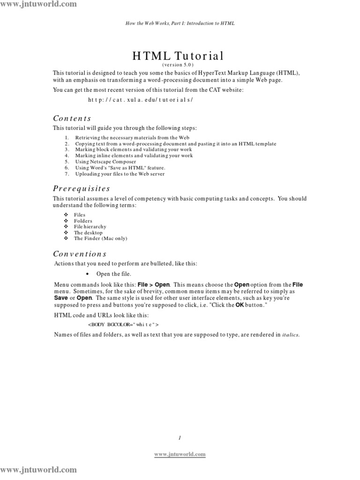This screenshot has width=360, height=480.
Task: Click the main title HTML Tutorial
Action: point(178,56)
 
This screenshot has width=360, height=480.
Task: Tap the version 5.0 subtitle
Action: point(178,65)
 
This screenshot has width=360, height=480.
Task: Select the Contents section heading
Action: point(72,118)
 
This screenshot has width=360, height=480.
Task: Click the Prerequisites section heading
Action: point(81,188)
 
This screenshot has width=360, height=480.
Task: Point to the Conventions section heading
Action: point(80,254)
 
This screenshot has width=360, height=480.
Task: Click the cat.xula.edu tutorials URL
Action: point(140,100)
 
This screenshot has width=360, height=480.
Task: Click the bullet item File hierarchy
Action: point(90,226)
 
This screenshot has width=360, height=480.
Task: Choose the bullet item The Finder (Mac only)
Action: point(100,238)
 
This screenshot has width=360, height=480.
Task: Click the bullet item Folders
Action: point(83,221)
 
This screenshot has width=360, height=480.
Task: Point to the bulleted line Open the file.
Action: point(114,274)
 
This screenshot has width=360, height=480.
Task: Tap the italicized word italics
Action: point(290,335)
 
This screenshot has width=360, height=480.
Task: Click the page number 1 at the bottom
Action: point(180,437)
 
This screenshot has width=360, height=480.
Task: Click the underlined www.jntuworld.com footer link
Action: point(180,454)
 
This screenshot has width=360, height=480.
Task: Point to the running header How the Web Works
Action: point(180,22)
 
